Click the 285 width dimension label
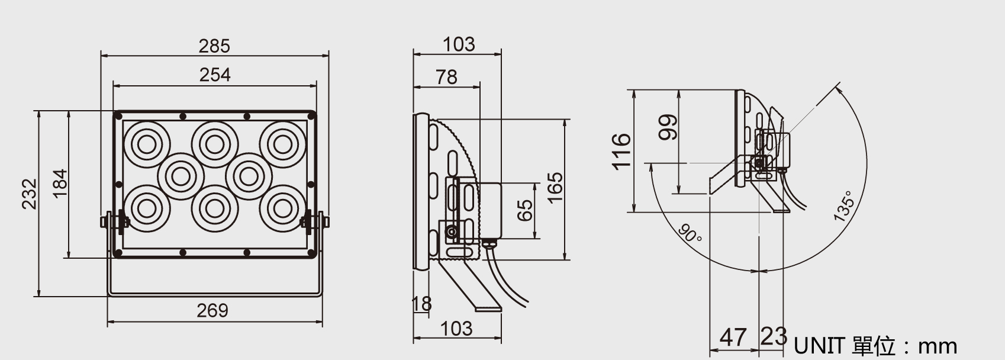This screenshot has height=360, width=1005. click(x=214, y=46)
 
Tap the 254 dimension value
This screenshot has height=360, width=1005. click(x=215, y=75)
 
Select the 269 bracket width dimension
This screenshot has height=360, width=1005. click(x=212, y=310)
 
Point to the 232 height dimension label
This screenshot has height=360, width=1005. click(x=29, y=194)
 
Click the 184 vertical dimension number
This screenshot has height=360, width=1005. click(x=60, y=183)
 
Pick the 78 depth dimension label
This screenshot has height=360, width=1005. click(x=446, y=77)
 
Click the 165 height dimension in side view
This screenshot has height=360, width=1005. click(x=555, y=188)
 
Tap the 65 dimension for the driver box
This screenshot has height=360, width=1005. click(x=525, y=210)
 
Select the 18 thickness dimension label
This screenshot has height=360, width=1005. click(x=421, y=304)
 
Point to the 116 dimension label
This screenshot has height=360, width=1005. click(x=621, y=151)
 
